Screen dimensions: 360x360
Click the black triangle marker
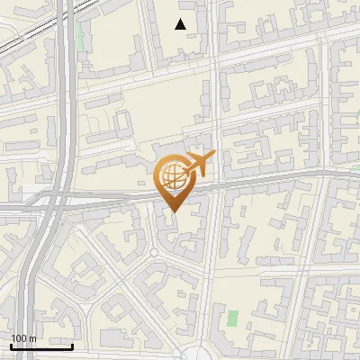coord(181,24)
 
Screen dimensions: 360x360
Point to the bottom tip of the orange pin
coord(173,212)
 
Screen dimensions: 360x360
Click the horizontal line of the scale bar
coord(41,346)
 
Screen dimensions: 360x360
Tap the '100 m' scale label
coord(23,338)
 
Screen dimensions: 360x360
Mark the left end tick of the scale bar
coord(11,346)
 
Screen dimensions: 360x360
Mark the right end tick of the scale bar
coord(73,346)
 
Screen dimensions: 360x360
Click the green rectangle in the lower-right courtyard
coord(233,319)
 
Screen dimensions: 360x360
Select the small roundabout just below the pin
coord(154,255)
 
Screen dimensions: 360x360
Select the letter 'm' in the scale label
coord(32,338)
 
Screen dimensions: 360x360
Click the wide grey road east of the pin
coord(270,179)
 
